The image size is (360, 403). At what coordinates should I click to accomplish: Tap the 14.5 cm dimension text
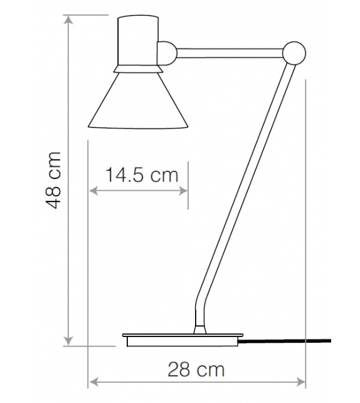[142, 175]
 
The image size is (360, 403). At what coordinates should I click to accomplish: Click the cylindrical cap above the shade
[137, 40]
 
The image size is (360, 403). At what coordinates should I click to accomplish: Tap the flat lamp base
[181, 340]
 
